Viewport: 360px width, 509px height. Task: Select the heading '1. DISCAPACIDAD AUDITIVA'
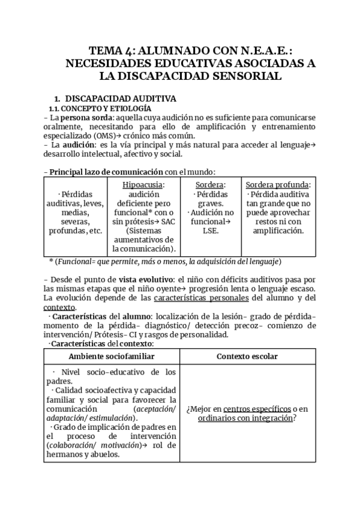coord(115,98)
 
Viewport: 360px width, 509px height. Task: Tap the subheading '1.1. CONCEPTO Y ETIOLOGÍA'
coord(91,109)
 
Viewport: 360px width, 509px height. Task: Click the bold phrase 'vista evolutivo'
coord(148,280)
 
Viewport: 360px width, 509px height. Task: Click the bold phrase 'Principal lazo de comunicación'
coord(106,172)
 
